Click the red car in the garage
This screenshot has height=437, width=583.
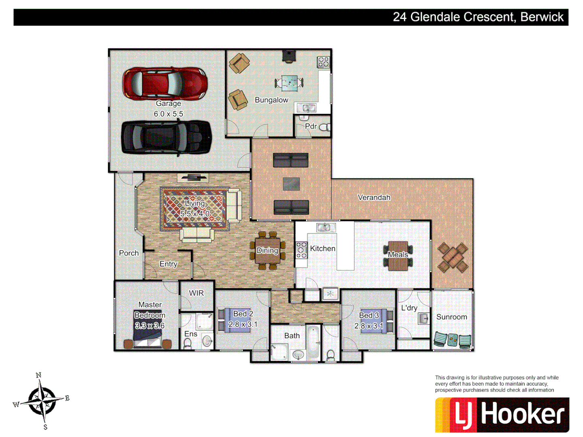click(x=165, y=84)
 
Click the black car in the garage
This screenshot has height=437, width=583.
click(x=166, y=137)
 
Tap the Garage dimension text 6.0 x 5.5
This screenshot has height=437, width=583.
click(x=168, y=114)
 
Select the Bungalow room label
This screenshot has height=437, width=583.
click(x=271, y=100)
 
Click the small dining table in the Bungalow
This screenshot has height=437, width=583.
click(x=289, y=83)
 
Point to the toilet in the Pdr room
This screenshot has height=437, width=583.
click(x=325, y=127)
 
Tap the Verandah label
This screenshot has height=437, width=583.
click(x=374, y=197)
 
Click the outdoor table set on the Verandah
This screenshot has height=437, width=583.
click(x=452, y=257)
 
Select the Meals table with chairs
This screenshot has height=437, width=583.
click(x=398, y=256)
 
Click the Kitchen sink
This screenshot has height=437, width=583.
click(x=326, y=227)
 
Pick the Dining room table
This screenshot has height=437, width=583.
click(x=268, y=251)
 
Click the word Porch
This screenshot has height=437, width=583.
click(x=129, y=253)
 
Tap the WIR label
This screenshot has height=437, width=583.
click(x=196, y=293)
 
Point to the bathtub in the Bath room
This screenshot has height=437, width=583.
click(x=313, y=342)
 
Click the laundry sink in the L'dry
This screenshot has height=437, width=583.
click(x=423, y=318)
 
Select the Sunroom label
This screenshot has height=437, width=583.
click(x=451, y=317)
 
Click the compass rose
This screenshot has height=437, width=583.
click(x=42, y=401)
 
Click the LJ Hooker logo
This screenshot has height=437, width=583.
click(x=502, y=415)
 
